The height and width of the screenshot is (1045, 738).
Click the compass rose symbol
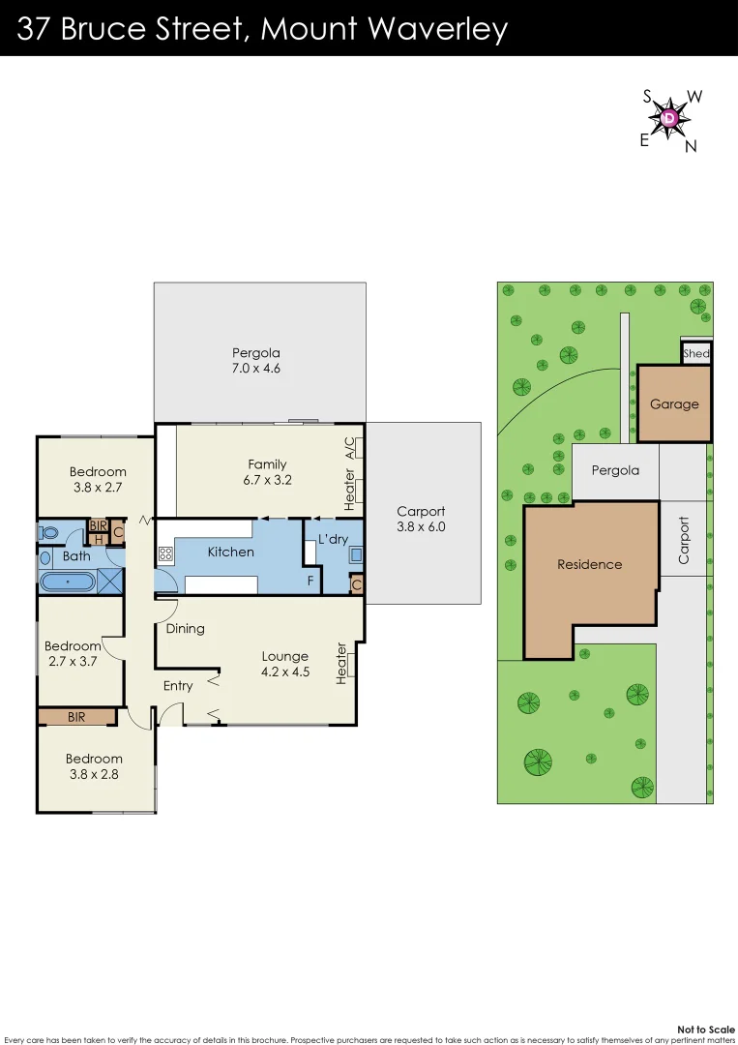tap(669, 118)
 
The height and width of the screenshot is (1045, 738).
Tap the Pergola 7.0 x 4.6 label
tap(255, 360)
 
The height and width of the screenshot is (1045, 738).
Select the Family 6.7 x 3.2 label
tap(267, 471)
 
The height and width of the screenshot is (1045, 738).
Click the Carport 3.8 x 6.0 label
tap(421, 520)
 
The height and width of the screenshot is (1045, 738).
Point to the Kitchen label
tap(231, 552)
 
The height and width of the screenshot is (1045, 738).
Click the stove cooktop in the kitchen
tap(164, 554)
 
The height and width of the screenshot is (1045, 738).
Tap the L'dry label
tap(333, 538)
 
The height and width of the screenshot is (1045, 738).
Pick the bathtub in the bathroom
tap(68, 582)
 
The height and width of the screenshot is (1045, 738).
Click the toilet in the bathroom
tap(47, 531)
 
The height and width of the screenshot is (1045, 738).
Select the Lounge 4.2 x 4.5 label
tap(285, 664)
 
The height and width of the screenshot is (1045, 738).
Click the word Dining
tap(185, 628)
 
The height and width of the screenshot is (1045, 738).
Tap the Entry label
tap(178, 686)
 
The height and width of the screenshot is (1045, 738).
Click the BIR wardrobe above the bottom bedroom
tap(76, 717)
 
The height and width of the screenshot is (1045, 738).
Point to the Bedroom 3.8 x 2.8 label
tap(95, 765)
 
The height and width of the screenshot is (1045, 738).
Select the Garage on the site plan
tap(674, 403)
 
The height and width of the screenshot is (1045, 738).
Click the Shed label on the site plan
tap(696, 353)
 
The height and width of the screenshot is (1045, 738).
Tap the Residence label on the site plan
tap(589, 564)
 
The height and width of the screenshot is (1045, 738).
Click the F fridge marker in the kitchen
tap(310, 581)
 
